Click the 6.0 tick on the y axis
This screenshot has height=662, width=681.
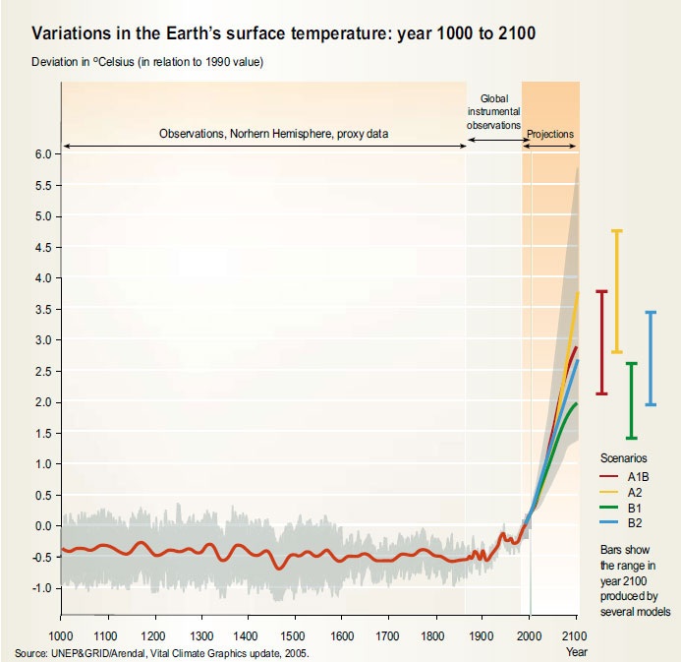42,153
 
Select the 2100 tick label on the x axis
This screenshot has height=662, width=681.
577,635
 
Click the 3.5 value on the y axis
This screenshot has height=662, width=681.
42,309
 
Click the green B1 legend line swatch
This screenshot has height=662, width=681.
610,509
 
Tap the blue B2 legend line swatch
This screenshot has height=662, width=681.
610,524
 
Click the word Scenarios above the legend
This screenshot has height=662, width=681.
623,458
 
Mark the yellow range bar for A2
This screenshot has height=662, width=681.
617,291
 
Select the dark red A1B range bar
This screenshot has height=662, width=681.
602,342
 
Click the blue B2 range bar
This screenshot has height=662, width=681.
650,358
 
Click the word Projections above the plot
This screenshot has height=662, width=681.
550,133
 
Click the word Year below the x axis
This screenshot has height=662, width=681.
576,651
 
